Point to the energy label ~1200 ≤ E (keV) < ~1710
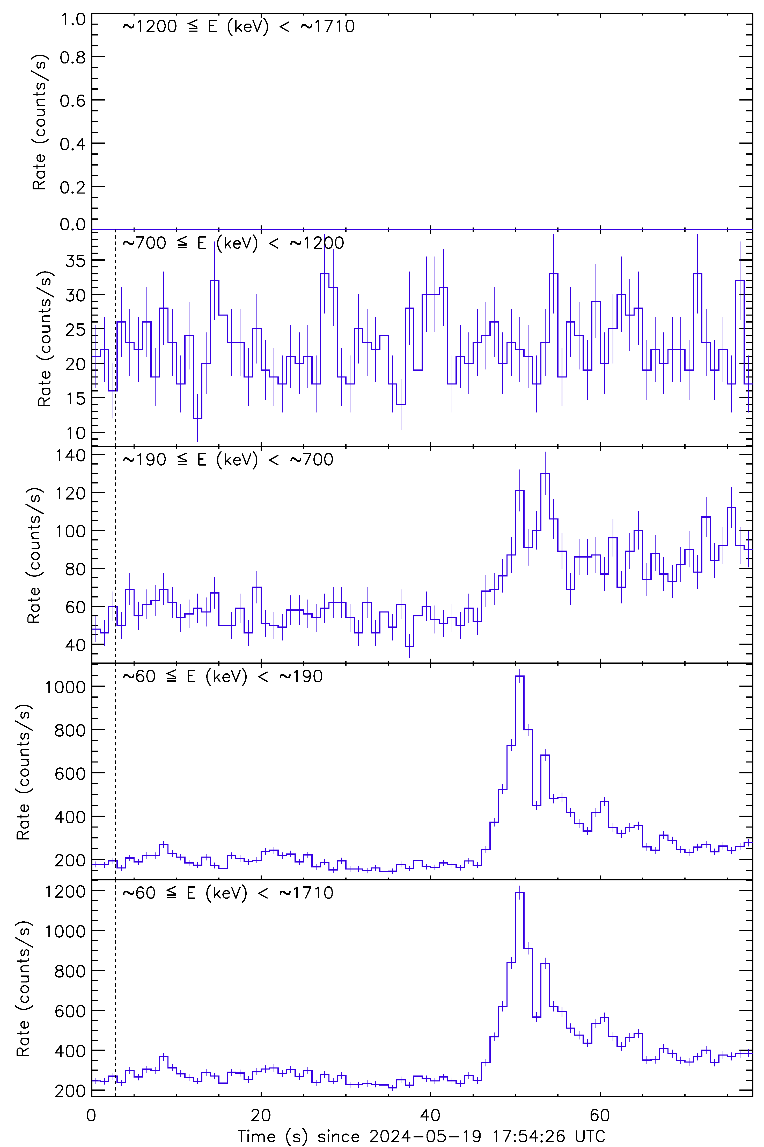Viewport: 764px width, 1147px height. [x=238, y=26]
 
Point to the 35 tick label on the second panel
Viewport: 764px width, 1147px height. [x=76, y=260]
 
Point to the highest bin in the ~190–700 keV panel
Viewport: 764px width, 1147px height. [x=545, y=474]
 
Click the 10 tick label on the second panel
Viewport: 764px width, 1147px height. [x=76, y=433]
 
